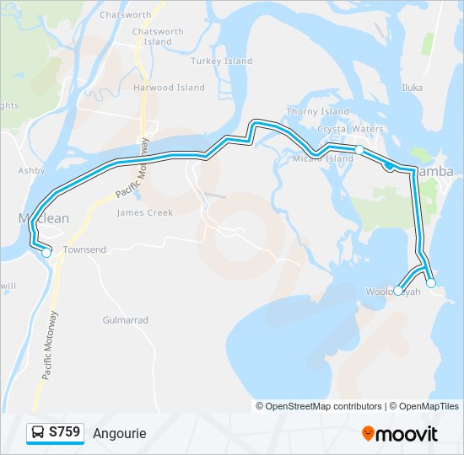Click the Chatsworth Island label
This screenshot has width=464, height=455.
158,37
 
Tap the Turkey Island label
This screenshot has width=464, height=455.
222,62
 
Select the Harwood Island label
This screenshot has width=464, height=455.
169,88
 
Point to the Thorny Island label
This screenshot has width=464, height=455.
318,111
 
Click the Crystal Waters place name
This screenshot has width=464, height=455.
350,130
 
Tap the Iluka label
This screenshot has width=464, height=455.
412,87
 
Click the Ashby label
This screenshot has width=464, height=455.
31,170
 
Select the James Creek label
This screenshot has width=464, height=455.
144,213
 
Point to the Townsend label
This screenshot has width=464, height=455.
85,250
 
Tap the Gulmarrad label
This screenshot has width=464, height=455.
125,321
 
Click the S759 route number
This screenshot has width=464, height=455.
65,433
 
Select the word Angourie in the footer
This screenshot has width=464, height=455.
120,434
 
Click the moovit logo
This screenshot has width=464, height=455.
400,434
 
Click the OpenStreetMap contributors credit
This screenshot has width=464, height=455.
319,406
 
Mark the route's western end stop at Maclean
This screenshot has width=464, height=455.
46,252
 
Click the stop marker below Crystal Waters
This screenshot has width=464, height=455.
359,149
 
